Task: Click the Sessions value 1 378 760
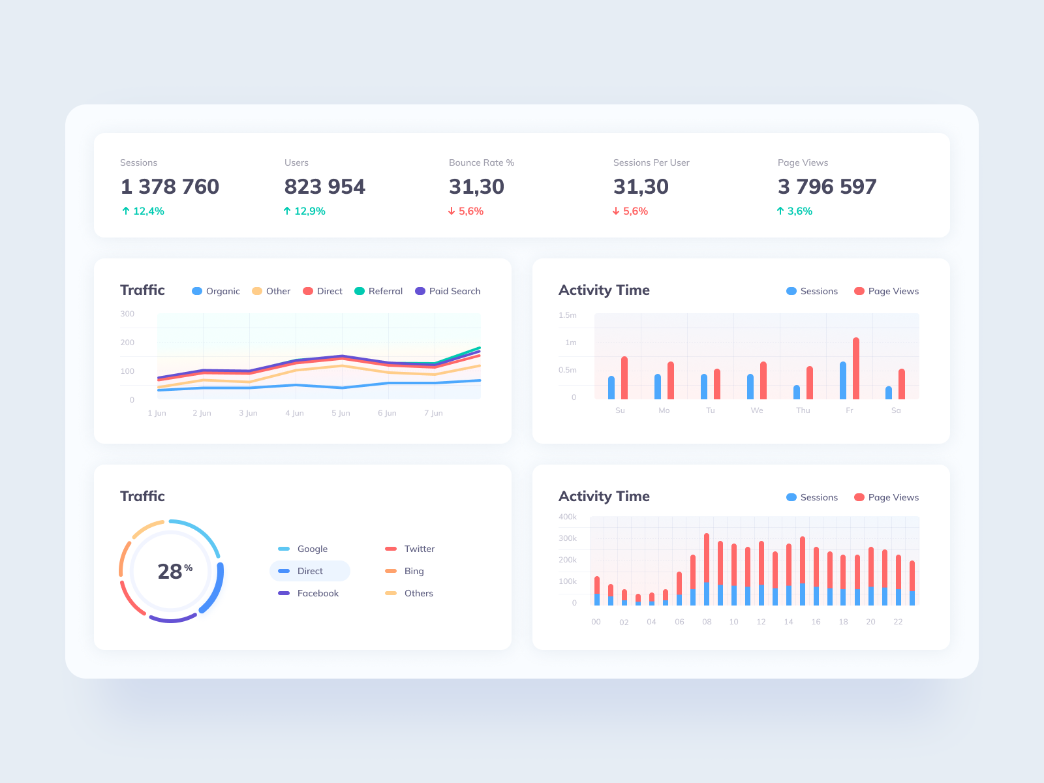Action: point(170,187)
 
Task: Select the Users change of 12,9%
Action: point(305,211)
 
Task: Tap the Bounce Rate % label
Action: point(482,162)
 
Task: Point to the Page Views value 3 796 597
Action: point(827,187)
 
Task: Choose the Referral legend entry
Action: point(378,291)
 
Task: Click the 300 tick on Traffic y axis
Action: point(127,314)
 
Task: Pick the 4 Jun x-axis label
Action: point(294,413)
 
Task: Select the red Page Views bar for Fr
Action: point(856,369)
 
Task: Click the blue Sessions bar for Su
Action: point(611,388)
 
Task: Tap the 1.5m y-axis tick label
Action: point(568,315)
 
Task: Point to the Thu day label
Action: point(803,410)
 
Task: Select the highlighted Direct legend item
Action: point(310,571)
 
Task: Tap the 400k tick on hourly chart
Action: point(568,517)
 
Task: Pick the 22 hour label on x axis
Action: point(898,622)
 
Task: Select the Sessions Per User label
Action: point(651,162)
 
